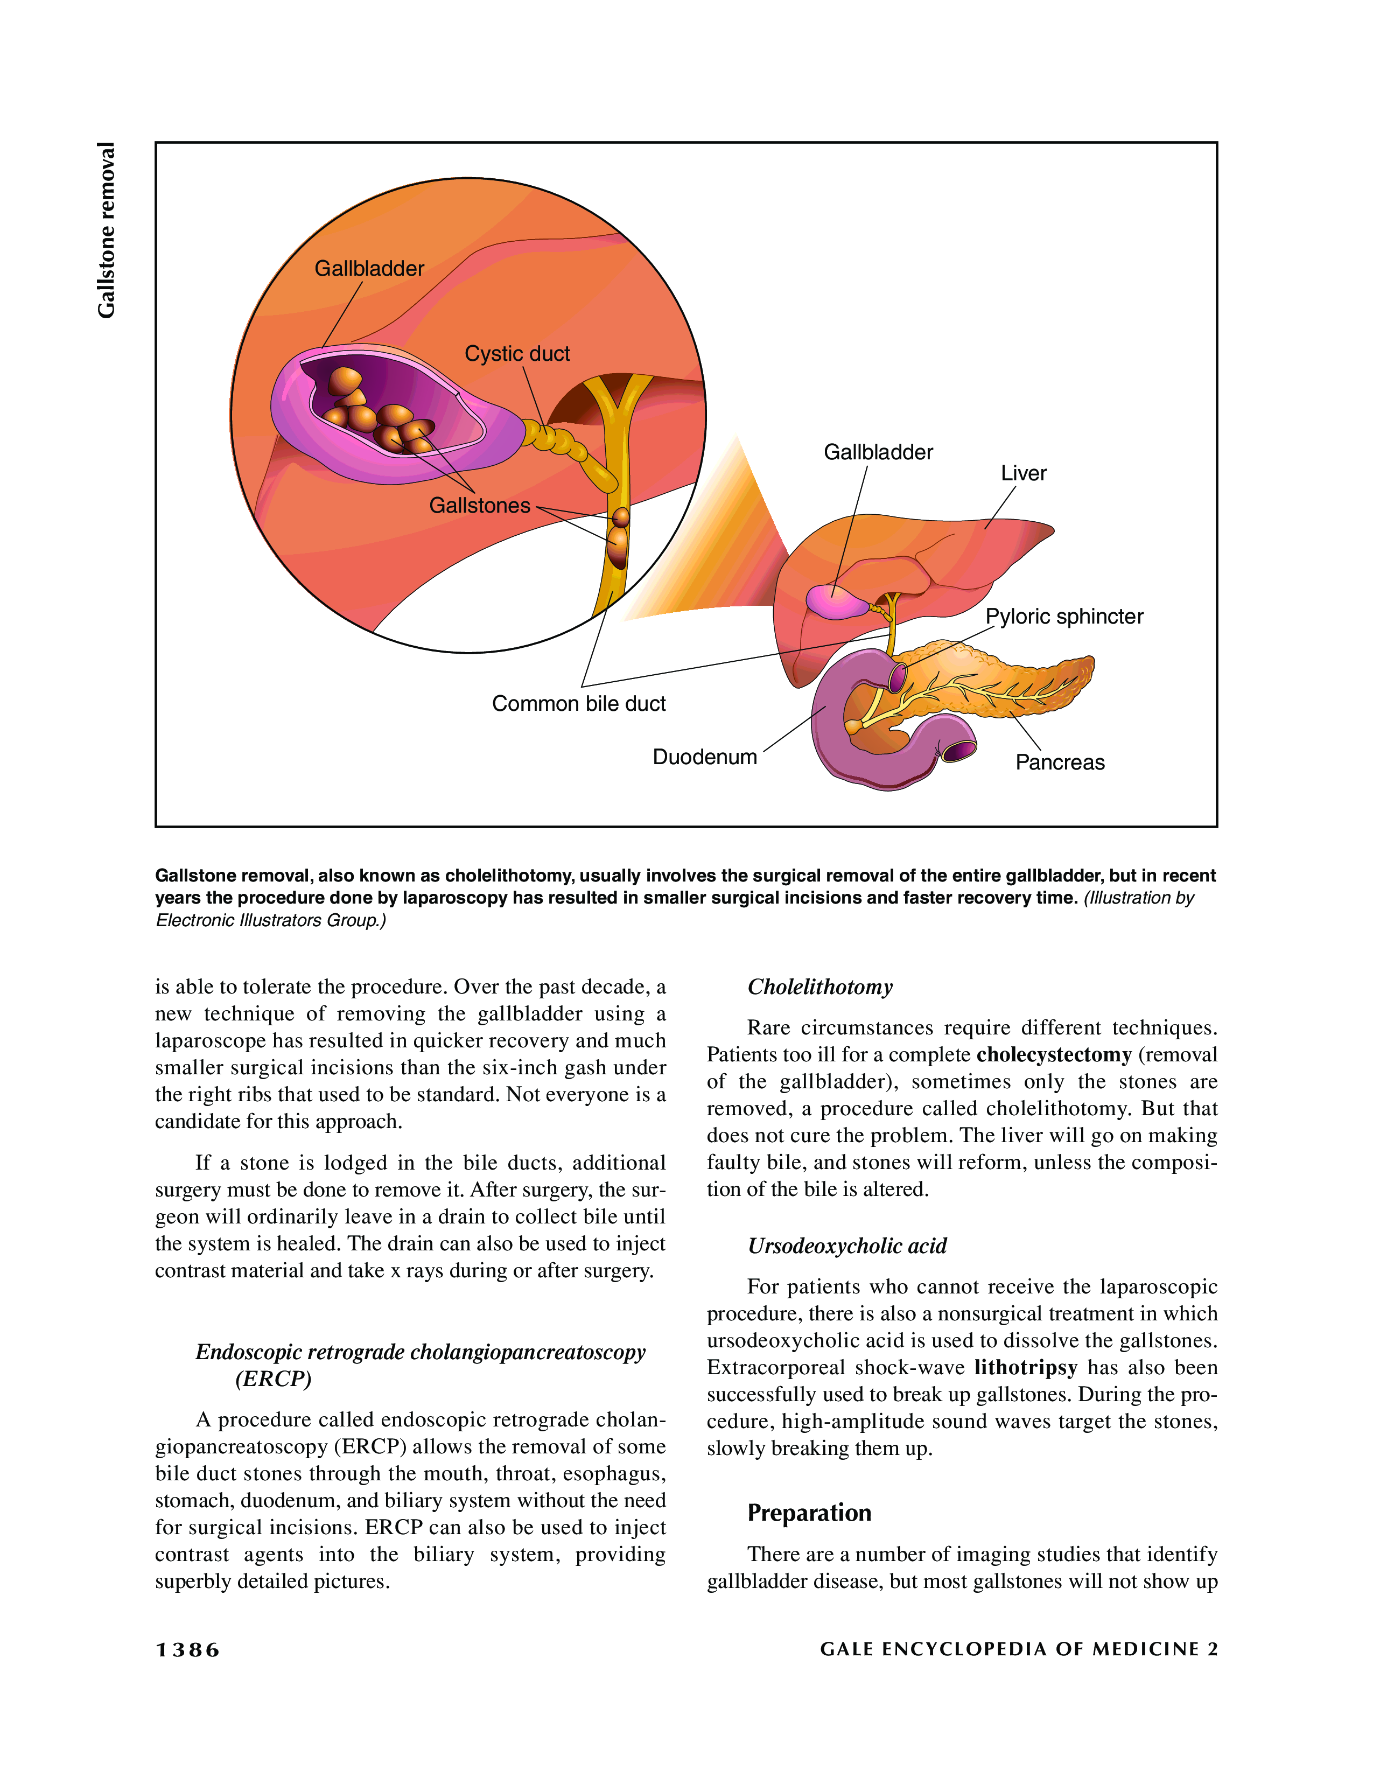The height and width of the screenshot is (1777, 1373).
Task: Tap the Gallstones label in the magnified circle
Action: (479, 506)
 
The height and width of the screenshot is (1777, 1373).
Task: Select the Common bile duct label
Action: (578, 704)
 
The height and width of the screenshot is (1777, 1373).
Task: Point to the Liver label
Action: (1023, 473)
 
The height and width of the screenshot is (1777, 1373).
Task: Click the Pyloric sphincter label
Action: (1064, 617)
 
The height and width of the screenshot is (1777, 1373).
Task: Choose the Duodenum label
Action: (704, 758)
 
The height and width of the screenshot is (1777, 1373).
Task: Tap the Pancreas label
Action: (1060, 763)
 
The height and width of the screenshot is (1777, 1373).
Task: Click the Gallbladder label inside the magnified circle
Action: (369, 269)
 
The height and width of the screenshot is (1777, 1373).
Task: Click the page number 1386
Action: (188, 1650)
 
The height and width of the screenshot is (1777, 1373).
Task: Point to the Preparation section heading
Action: (809, 1513)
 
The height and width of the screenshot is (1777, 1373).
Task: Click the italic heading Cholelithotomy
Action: (820, 987)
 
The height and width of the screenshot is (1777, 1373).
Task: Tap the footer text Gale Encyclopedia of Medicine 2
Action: (1018, 1649)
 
